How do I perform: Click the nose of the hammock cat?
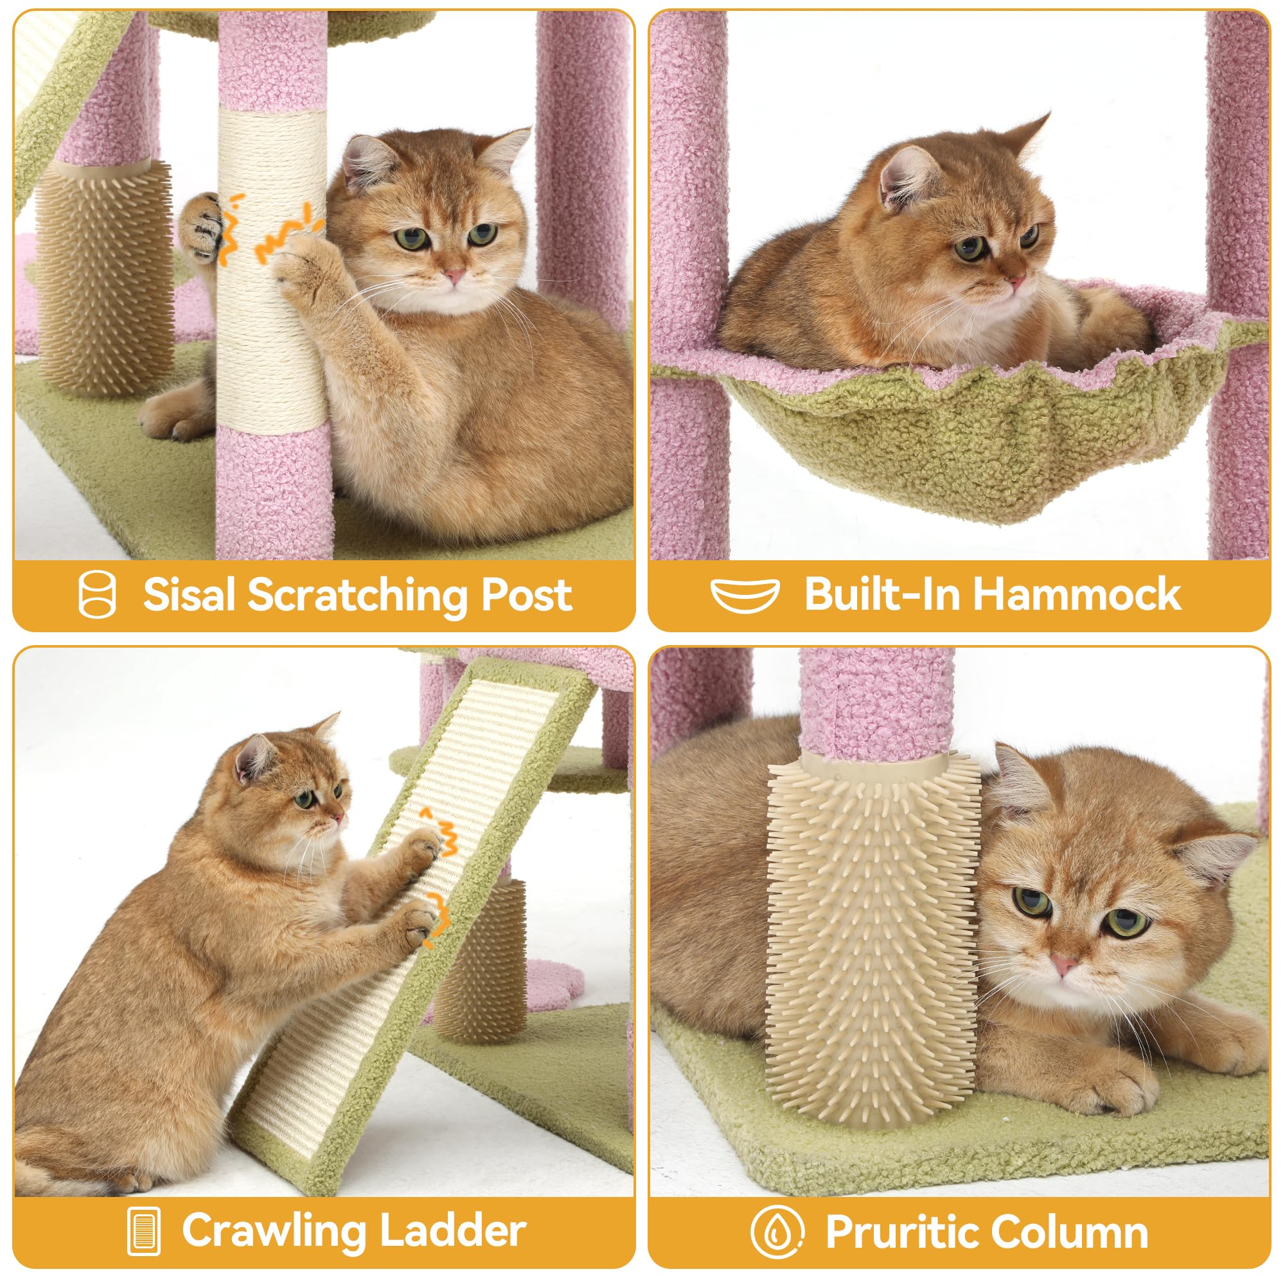1016,283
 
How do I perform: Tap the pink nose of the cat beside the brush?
1063,964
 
